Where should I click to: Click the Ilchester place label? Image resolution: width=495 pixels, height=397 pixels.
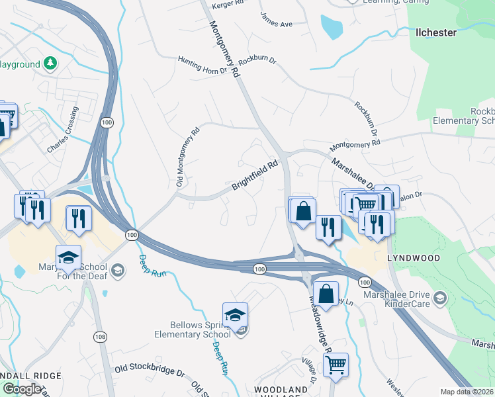click(437, 31)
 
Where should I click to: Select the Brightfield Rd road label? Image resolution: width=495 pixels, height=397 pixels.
click(254, 176)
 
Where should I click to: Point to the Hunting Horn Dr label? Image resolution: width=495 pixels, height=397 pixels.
click(202, 64)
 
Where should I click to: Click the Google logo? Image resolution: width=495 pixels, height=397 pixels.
click(22, 389)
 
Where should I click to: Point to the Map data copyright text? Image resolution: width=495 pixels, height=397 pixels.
click(467, 392)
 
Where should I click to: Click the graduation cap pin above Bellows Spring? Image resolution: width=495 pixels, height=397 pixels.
click(235, 316)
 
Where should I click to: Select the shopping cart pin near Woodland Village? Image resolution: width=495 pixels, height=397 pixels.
click(336, 365)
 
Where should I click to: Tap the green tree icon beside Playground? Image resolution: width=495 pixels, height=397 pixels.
click(50, 64)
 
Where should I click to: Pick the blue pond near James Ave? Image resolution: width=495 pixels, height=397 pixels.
click(331, 26)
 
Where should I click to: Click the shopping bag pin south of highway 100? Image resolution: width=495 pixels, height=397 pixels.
click(326, 293)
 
